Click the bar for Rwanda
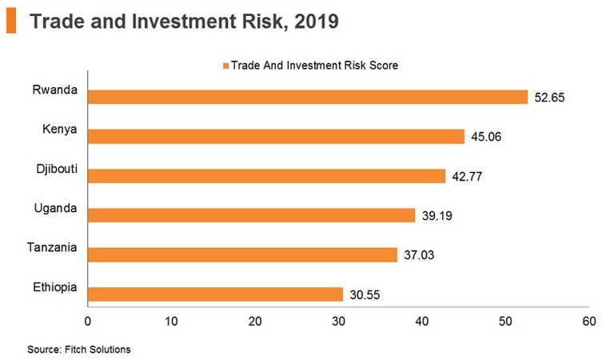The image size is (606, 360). pos(308,97)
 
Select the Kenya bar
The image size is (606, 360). pos(276,136)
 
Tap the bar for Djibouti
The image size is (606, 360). pos(266,175)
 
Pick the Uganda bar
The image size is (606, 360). pos(251,215)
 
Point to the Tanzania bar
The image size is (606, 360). pos(242,254)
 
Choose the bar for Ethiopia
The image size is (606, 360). pos(215,294)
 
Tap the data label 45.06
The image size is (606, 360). pos(485,138)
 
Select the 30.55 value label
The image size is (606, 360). pos(364,295)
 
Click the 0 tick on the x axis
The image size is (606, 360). pos(87,322)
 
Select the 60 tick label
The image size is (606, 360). pos(589,322)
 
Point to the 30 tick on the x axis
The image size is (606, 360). pos(338,322)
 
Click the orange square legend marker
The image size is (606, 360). pos(226,66)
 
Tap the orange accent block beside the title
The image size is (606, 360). pos(10,22)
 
